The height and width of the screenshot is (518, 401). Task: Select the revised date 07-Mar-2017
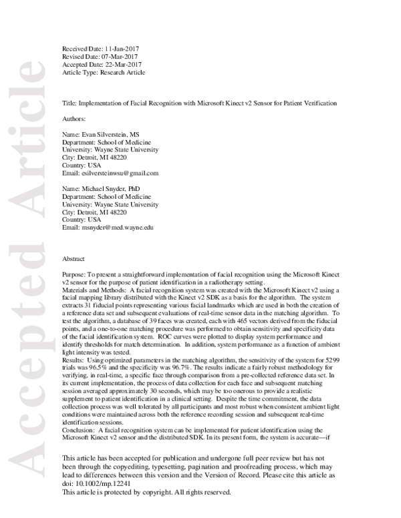tap(123, 57)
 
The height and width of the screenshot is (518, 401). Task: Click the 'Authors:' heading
tap(74, 119)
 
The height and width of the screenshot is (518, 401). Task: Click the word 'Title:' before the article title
tap(69, 103)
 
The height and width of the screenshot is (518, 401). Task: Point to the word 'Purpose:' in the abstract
tap(74, 274)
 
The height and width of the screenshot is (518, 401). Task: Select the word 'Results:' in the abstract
tap(74, 360)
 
